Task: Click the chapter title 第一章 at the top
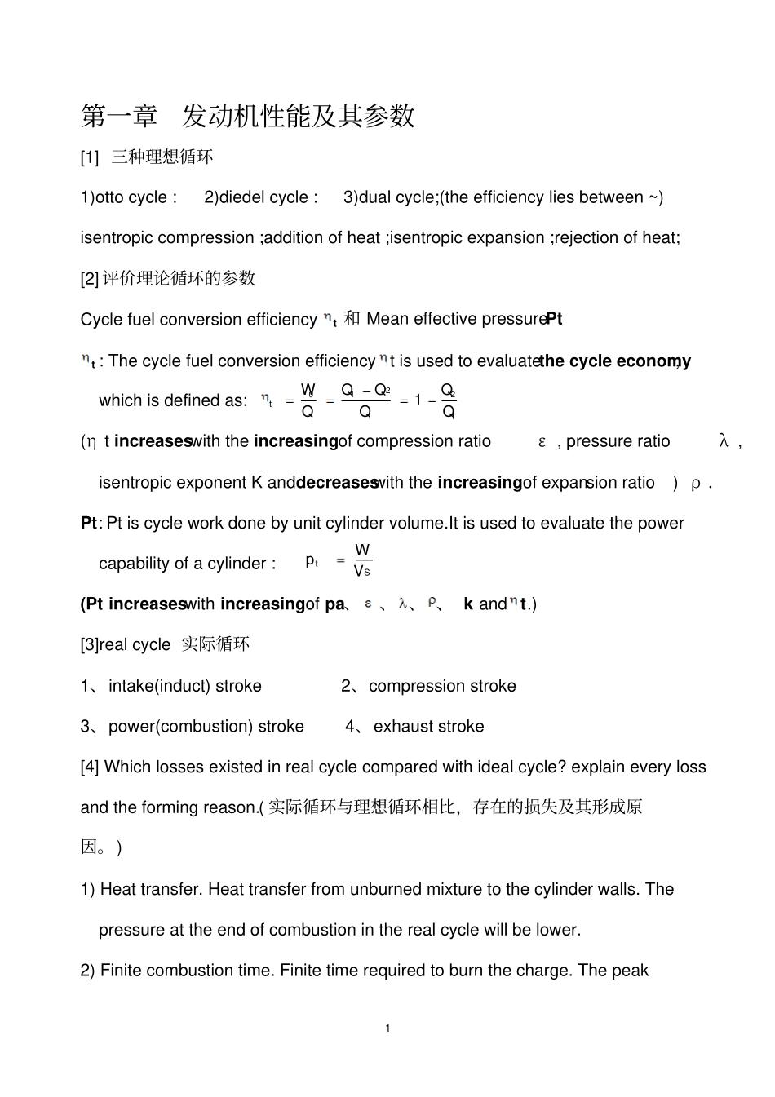(119, 116)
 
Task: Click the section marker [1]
(89, 157)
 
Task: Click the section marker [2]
(89, 279)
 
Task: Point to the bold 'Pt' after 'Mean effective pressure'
(554, 319)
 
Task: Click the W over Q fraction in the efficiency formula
(308, 400)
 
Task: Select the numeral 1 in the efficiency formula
(418, 400)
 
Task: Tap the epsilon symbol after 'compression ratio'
(542, 442)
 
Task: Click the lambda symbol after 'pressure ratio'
(723, 442)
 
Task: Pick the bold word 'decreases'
(336, 483)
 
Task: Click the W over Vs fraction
(362, 561)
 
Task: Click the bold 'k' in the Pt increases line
(468, 604)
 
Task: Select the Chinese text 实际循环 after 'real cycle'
(215, 644)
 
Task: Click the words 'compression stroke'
(442, 686)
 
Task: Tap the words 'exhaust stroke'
(428, 727)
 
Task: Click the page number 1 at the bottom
(387, 1028)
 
